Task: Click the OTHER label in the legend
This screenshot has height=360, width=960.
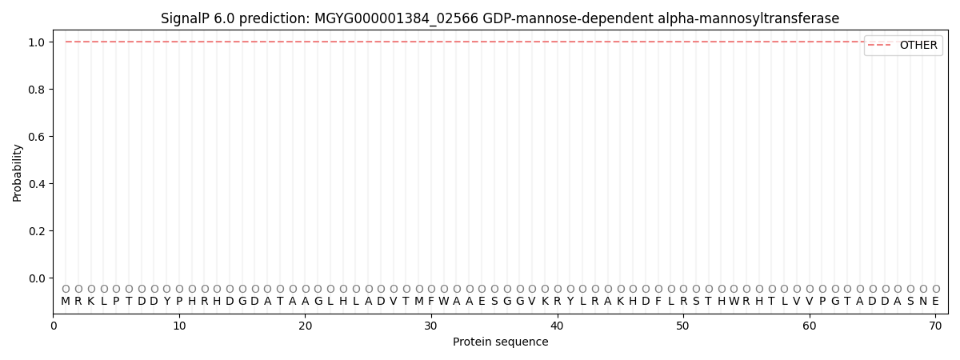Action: pyautogui.click(x=918, y=46)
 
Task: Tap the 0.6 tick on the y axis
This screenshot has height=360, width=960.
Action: pyautogui.click(x=37, y=137)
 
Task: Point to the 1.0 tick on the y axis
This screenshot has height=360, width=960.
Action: pyautogui.click(x=37, y=42)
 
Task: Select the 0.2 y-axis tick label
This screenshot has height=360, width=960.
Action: pyautogui.click(x=37, y=231)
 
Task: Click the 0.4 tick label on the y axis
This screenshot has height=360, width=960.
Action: pyautogui.click(x=37, y=184)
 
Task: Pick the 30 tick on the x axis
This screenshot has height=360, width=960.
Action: pyautogui.click(x=431, y=326)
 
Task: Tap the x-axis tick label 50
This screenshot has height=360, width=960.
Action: pyautogui.click(x=683, y=326)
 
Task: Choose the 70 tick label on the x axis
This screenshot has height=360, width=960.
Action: pyautogui.click(x=935, y=326)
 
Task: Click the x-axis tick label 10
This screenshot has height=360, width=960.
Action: pyautogui.click(x=179, y=326)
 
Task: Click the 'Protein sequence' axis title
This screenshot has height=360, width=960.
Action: pyautogui.click(x=501, y=342)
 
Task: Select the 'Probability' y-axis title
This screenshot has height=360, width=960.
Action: pyautogui.click(x=18, y=173)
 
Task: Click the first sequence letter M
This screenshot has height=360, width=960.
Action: pyautogui.click(x=66, y=302)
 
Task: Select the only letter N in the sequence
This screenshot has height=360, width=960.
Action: pyautogui.click(x=923, y=302)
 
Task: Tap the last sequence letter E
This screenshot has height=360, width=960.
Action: pyautogui.click(x=935, y=302)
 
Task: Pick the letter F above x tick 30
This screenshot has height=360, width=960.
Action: pyautogui.click(x=431, y=302)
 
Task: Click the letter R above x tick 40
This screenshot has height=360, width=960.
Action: pyautogui.click(x=558, y=302)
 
